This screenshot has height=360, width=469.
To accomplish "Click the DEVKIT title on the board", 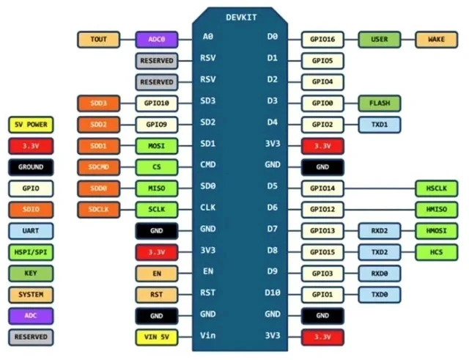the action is pos(241,18).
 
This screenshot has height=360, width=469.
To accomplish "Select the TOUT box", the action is pos(99,40).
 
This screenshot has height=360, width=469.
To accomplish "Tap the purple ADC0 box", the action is pos(157,40).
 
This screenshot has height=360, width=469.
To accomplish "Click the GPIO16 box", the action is pos(322,40).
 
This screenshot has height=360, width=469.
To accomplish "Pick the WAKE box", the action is pos(437,40).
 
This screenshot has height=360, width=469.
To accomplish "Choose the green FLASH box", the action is pos(380,103).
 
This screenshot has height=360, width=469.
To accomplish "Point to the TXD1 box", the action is pos(380,125).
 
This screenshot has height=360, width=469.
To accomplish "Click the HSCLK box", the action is pos(437,188).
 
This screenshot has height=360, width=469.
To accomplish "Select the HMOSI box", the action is pos(437,231).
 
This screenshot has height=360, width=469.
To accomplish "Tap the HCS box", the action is pos(437,252).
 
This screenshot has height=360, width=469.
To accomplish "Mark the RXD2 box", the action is pos(380,231).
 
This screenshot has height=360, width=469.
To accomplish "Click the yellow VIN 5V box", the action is pos(157,337).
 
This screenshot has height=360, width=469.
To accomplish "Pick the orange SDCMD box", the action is pos(99,167).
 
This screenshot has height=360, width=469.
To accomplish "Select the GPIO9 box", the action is pos(157,125).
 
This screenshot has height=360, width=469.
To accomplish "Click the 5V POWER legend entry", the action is pos(31,125).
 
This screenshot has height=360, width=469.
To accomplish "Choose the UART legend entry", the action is pos(31,231).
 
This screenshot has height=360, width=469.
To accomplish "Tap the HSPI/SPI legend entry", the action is pos(31,252).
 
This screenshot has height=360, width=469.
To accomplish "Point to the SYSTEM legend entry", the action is pos(31,295).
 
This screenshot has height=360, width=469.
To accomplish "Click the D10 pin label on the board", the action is pos(273,293).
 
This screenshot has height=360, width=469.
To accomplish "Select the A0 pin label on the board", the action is pos(208,37).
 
